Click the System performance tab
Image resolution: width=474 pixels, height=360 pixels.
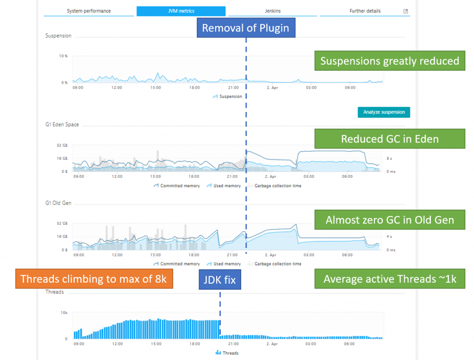tap(88, 11)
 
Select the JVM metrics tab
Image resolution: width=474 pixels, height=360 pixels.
tap(181, 11)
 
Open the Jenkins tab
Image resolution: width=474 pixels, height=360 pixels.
tap(272, 11)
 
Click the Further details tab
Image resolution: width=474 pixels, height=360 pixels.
tap(365, 11)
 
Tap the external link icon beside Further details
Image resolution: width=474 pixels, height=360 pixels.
tap(405, 11)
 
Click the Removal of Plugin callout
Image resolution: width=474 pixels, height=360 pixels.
tap(246, 28)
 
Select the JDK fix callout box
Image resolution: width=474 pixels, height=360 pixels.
tap(220, 279)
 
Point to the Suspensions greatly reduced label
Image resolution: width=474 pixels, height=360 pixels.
tap(389, 61)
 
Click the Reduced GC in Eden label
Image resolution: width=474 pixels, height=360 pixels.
tap(389, 139)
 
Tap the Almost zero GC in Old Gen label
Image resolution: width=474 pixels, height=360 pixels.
tap(389, 220)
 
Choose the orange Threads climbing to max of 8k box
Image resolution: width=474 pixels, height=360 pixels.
tap(94, 279)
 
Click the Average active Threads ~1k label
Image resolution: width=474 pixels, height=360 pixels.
tap(389, 279)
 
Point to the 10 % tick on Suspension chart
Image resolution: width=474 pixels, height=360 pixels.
tap(63, 56)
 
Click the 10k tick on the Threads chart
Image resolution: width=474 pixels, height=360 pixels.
tap(63, 313)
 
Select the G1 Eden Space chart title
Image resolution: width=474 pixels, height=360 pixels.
tap(62, 125)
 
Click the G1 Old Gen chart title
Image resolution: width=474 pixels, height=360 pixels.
tap(58, 203)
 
